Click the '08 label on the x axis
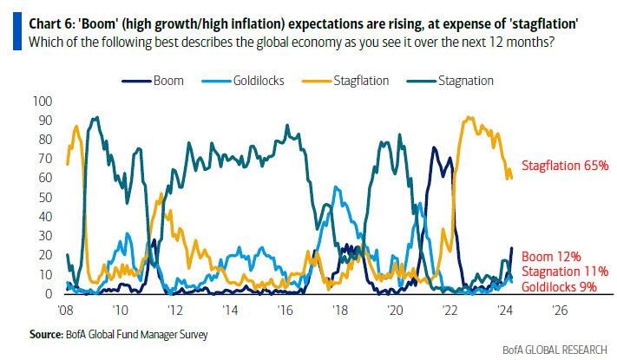(66, 309)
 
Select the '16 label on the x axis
(285, 309)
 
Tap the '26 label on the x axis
(560, 309)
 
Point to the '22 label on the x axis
(450, 309)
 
